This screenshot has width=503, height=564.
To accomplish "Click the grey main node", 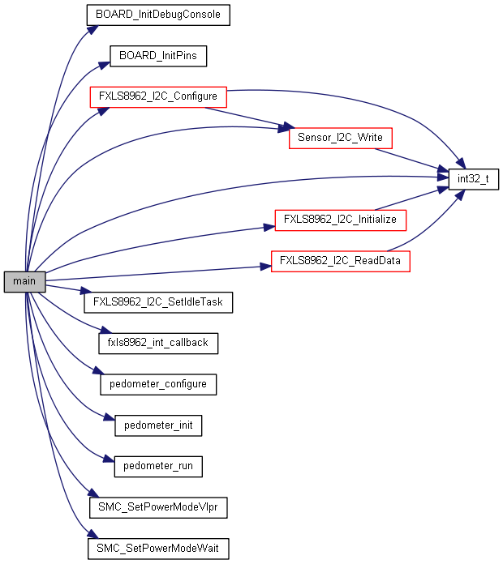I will click(24, 282).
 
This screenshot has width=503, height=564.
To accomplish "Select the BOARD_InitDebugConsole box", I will click(158, 15).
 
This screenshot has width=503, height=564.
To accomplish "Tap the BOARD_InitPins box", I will click(158, 56).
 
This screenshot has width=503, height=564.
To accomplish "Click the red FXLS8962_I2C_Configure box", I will click(157, 96).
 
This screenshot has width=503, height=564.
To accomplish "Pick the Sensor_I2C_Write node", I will click(341, 138).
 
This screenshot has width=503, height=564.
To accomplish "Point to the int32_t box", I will click(474, 178).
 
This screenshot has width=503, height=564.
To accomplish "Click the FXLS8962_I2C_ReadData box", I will click(340, 261).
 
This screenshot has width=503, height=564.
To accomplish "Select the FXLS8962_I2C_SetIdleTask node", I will click(158, 302).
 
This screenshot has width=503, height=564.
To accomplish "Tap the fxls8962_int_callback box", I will click(158, 343).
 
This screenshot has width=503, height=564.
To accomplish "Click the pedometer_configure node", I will click(158, 384).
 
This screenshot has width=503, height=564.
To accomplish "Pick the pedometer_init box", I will click(158, 425).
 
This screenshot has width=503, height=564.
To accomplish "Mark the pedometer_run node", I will click(158, 467).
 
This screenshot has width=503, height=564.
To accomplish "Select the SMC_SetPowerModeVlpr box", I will click(158, 508).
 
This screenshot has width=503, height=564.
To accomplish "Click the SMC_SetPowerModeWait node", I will click(158, 549).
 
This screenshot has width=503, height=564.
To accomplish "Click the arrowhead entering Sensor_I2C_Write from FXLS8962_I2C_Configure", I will click(285, 128).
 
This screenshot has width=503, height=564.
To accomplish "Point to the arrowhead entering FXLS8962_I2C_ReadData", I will click(266, 264).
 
